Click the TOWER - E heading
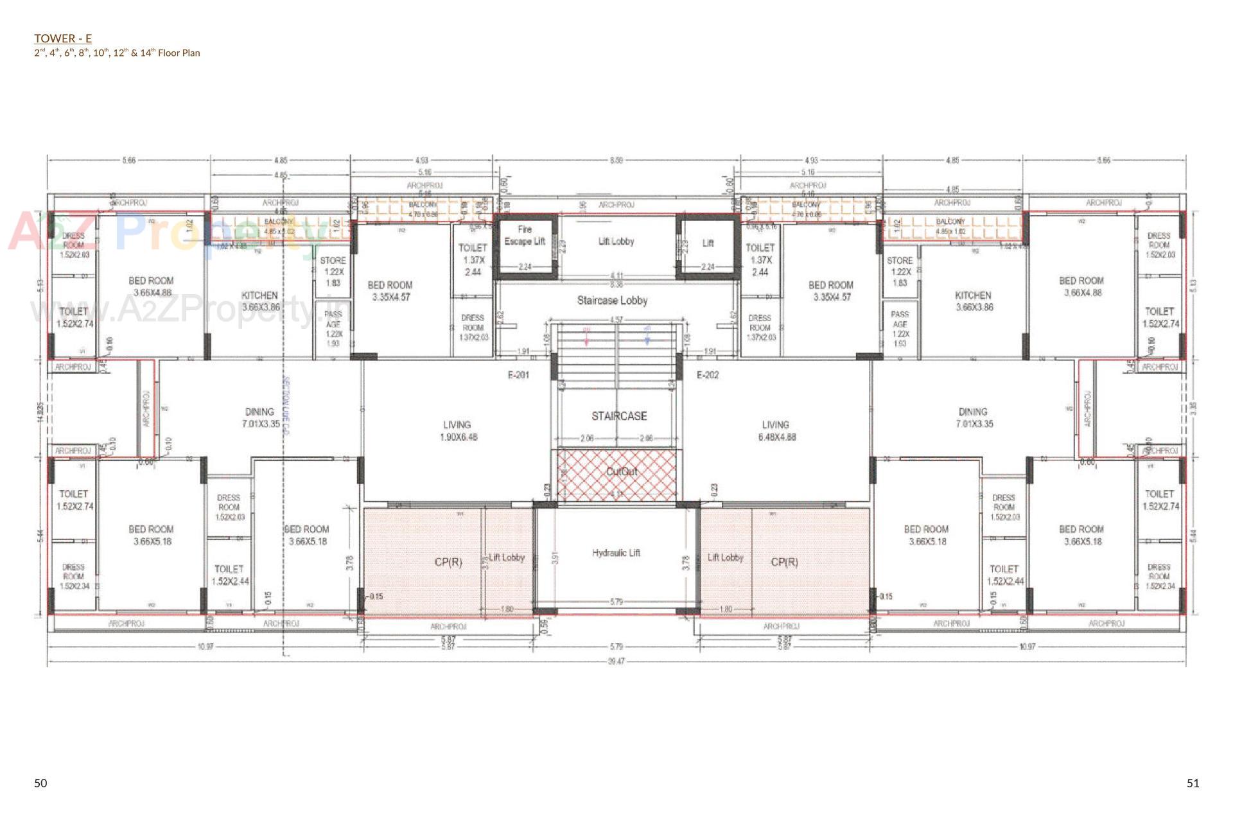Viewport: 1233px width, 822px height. [x=63, y=39]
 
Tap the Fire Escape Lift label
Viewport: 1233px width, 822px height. [x=525, y=235]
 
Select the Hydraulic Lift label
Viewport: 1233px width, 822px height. [x=616, y=553]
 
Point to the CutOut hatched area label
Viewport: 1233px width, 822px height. [x=622, y=472]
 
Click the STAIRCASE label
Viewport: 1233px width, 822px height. [x=619, y=416]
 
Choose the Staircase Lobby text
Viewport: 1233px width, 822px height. [x=612, y=300]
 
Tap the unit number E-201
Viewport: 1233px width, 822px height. [x=518, y=375]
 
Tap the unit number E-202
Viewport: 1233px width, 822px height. [x=708, y=375]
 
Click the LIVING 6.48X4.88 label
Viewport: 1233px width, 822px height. [x=776, y=431]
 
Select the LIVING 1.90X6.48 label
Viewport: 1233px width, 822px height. [x=457, y=431]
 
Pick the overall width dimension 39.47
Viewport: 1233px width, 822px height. [x=616, y=661]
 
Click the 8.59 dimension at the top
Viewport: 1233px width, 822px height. [x=616, y=160]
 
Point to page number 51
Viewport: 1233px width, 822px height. [x=1193, y=783]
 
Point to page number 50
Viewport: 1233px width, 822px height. [x=40, y=783]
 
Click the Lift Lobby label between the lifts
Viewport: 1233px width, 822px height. [x=616, y=241]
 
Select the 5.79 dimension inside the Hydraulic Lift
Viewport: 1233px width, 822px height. [x=616, y=602]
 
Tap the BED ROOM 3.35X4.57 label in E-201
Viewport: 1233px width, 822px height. [x=390, y=291]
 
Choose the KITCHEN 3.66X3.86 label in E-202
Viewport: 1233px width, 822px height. [x=974, y=301]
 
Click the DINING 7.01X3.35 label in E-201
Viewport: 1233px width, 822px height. [x=259, y=417]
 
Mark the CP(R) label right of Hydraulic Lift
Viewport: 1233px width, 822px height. [x=784, y=562]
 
